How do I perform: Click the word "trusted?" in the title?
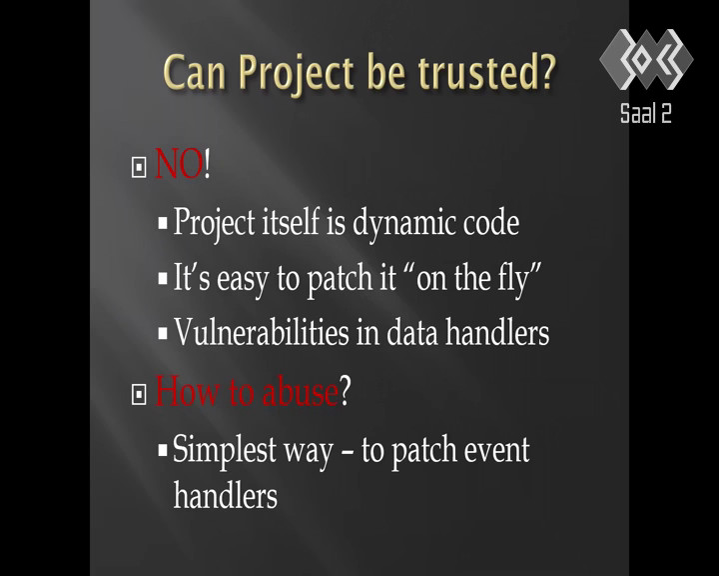tap(486, 71)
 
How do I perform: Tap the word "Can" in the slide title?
tap(194, 72)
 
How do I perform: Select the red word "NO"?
tap(179, 164)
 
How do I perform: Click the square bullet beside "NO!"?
tap(139, 167)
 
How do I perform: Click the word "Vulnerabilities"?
tap(262, 332)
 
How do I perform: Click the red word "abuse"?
tap(300, 391)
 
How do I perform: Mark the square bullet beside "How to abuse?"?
tap(139, 395)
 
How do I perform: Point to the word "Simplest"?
tap(225, 450)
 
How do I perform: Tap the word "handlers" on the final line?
tap(226, 495)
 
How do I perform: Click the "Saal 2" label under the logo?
tap(646, 113)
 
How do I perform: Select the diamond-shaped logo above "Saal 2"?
tap(646, 59)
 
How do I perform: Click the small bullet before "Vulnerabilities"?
tap(163, 334)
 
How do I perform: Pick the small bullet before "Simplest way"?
tap(163, 450)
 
